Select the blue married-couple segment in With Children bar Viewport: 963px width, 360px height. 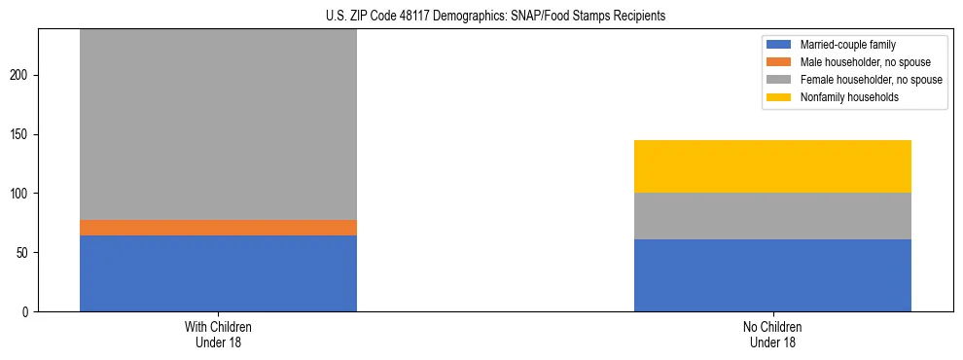tap(218, 273)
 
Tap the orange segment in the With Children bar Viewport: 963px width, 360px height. tap(218, 228)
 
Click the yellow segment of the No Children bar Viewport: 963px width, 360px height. tap(772, 166)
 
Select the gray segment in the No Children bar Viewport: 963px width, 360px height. tap(772, 216)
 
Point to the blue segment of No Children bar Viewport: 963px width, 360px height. tap(772, 275)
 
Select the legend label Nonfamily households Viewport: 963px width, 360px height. tap(842, 97)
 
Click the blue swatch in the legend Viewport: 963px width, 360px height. tap(779, 45)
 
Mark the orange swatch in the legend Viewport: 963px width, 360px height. tap(779, 62)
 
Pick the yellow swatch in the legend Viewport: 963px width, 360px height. tap(779, 97)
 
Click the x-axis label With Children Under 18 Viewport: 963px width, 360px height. tap(218, 335)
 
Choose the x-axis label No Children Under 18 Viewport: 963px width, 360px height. tap(772, 335)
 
